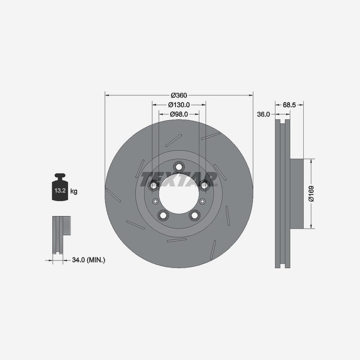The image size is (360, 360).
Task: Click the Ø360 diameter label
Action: tap(179, 95)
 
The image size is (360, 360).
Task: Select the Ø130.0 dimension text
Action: tap(179, 105)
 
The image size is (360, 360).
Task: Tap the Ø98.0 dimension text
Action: tap(179, 114)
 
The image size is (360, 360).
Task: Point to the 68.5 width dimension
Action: tap(289, 105)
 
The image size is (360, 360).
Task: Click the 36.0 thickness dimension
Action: tap(263, 114)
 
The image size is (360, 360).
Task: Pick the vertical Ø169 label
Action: tap(311, 193)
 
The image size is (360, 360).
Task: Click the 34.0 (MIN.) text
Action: tap(89, 260)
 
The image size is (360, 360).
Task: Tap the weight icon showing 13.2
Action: tap(60, 187)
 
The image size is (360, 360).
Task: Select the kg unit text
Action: tap(74, 191)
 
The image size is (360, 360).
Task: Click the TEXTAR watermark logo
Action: tap(179, 179)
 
